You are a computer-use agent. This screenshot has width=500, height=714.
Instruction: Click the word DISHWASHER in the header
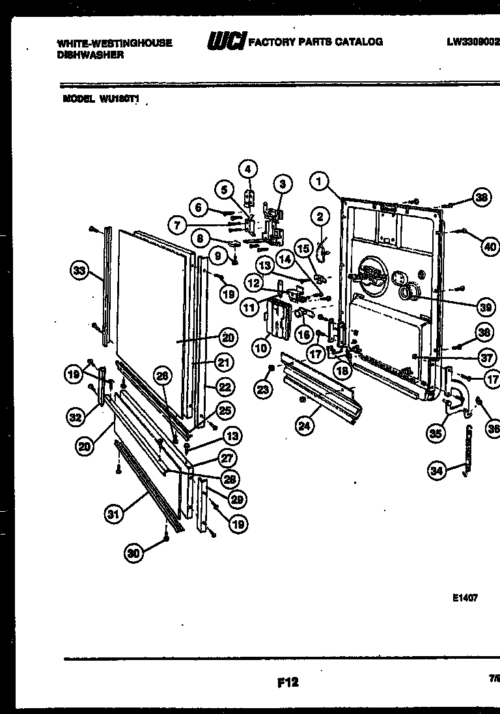point(90,55)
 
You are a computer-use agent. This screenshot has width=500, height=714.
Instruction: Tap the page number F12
point(287,682)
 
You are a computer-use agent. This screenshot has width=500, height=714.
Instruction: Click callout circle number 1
point(318,181)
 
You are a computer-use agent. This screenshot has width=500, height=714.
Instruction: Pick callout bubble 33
point(79,271)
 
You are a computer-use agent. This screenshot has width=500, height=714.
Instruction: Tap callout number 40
point(490,246)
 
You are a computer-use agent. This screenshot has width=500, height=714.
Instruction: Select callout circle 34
point(437,470)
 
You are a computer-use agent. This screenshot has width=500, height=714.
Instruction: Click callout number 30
point(134,553)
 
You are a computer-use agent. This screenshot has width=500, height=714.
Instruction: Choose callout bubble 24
point(303,427)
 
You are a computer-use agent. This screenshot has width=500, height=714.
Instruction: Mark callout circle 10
point(261,347)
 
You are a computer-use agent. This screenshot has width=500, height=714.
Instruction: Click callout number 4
point(247,168)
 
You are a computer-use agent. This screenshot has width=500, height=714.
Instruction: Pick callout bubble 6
point(199,207)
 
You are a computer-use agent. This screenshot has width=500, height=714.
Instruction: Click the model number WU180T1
point(120,99)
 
